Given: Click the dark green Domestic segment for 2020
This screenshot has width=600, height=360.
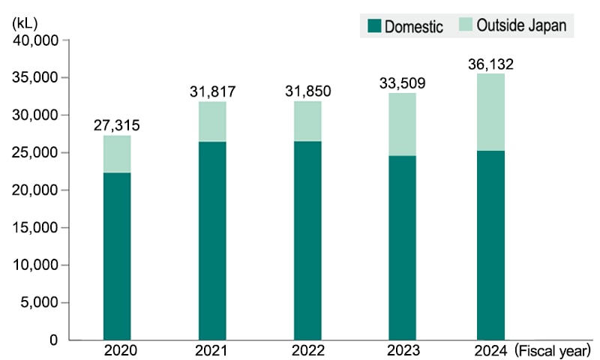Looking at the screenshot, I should click(x=117, y=256).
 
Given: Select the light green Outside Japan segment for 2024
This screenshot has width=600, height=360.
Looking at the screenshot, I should click(x=490, y=112).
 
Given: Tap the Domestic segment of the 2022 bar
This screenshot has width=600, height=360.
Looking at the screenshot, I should click(x=307, y=240).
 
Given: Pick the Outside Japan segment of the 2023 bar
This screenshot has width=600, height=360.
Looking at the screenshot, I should click(x=402, y=124).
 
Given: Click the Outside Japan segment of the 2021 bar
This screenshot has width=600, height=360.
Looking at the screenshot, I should click(x=212, y=121).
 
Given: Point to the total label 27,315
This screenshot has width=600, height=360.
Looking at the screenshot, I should click(x=117, y=125).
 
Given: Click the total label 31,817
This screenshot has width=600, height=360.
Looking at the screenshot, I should click(x=212, y=92).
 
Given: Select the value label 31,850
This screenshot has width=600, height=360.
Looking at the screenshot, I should click(x=307, y=91).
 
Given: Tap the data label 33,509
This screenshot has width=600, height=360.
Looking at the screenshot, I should click(x=403, y=83).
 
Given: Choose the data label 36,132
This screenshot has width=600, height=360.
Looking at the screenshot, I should click(x=490, y=64).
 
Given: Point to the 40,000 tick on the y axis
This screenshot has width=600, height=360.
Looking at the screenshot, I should click(x=37, y=40).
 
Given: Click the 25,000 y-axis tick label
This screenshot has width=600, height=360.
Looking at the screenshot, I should click(x=37, y=153).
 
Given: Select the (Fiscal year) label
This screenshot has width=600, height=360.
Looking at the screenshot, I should click(x=553, y=349).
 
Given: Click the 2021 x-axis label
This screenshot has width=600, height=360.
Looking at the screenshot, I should click(x=212, y=349).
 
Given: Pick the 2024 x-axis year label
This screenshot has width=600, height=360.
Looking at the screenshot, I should click(x=490, y=349).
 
